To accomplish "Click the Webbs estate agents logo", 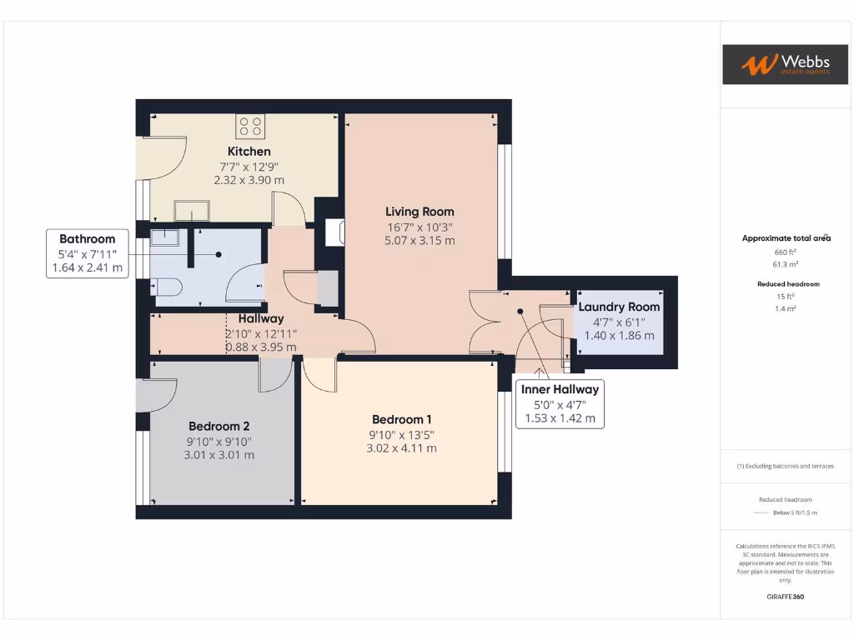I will click(x=785, y=64).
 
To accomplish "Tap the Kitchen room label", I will click(x=249, y=152).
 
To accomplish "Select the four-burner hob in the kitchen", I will click(x=250, y=127).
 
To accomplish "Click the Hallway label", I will click(x=260, y=318).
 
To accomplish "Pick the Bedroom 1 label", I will click(x=401, y=419).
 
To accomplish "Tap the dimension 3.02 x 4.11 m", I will click(x=401, y=448).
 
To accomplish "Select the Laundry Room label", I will click(x=619, y=307).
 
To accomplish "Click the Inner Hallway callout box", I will click(x=560, y=404).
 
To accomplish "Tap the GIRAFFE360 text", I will click(x=785, y=597).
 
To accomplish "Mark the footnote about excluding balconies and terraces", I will click(x=785, y=466).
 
